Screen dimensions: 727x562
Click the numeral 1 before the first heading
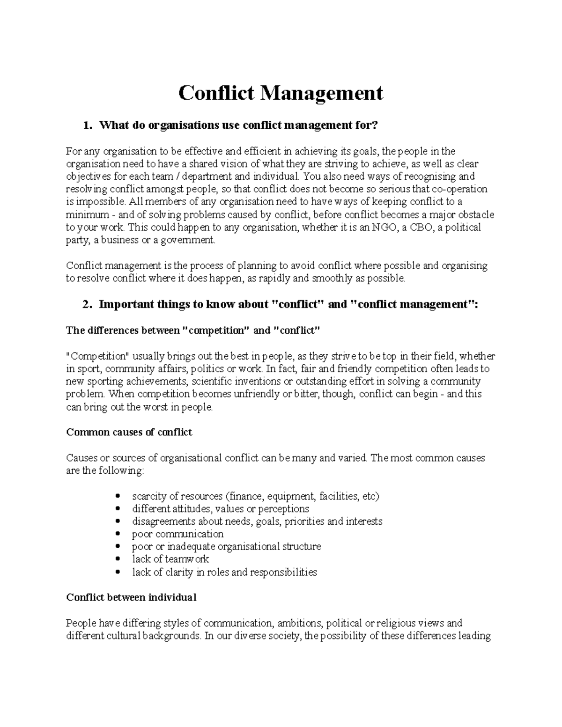click(x=85, y=125)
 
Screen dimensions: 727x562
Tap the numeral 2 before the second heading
click(x=85, y=305)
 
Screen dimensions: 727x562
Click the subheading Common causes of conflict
click(x=129, y=432)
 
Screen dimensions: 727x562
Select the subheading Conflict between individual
click(x=131, y=597)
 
